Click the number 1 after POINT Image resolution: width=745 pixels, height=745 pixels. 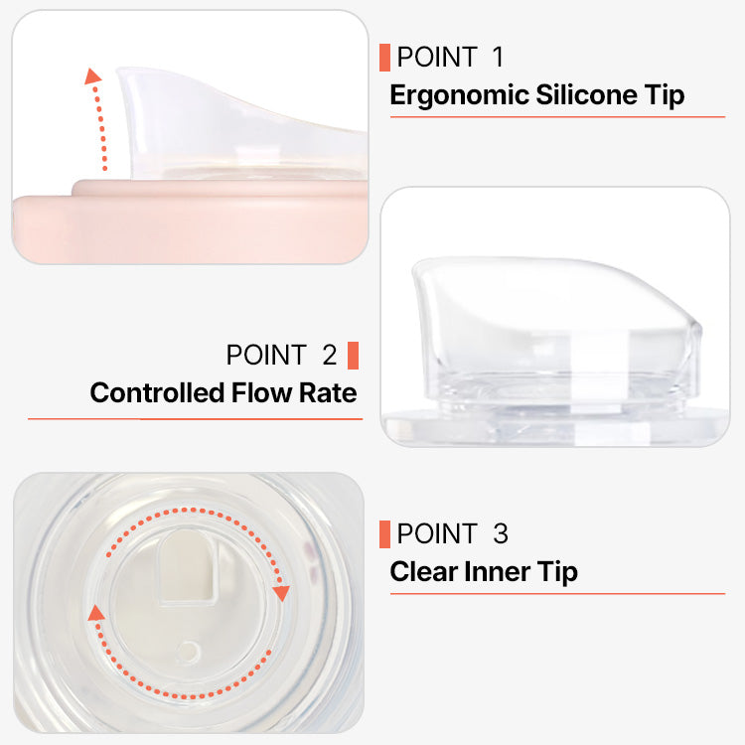pos(498,57)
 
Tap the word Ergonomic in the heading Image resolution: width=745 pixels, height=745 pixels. pos(460,95)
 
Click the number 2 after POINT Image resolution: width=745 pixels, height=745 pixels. pos(330,355)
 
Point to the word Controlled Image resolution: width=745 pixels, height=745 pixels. pos(157,393)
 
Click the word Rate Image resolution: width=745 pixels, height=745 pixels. pos(328,393)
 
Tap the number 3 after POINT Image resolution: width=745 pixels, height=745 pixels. pos(501,533)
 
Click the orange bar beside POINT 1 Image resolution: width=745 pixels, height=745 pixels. pos(384,58)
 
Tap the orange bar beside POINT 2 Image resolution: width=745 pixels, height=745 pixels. pos(353,356)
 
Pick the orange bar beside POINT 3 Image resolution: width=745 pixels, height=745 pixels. pos(384,534)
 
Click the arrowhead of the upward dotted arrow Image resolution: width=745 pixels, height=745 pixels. pos(92,76)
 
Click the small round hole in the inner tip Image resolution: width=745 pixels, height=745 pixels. pos(189,651)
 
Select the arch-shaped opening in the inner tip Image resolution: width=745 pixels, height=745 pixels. pos(186,568)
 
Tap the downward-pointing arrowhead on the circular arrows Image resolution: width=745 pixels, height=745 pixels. pos(281,593)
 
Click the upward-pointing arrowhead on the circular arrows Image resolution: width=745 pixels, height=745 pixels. pos(96,613)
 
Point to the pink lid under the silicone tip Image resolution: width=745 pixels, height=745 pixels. pos(190,221)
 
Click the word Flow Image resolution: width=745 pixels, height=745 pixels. pos(262,393)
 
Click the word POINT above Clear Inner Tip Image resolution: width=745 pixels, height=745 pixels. pos(437,533)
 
